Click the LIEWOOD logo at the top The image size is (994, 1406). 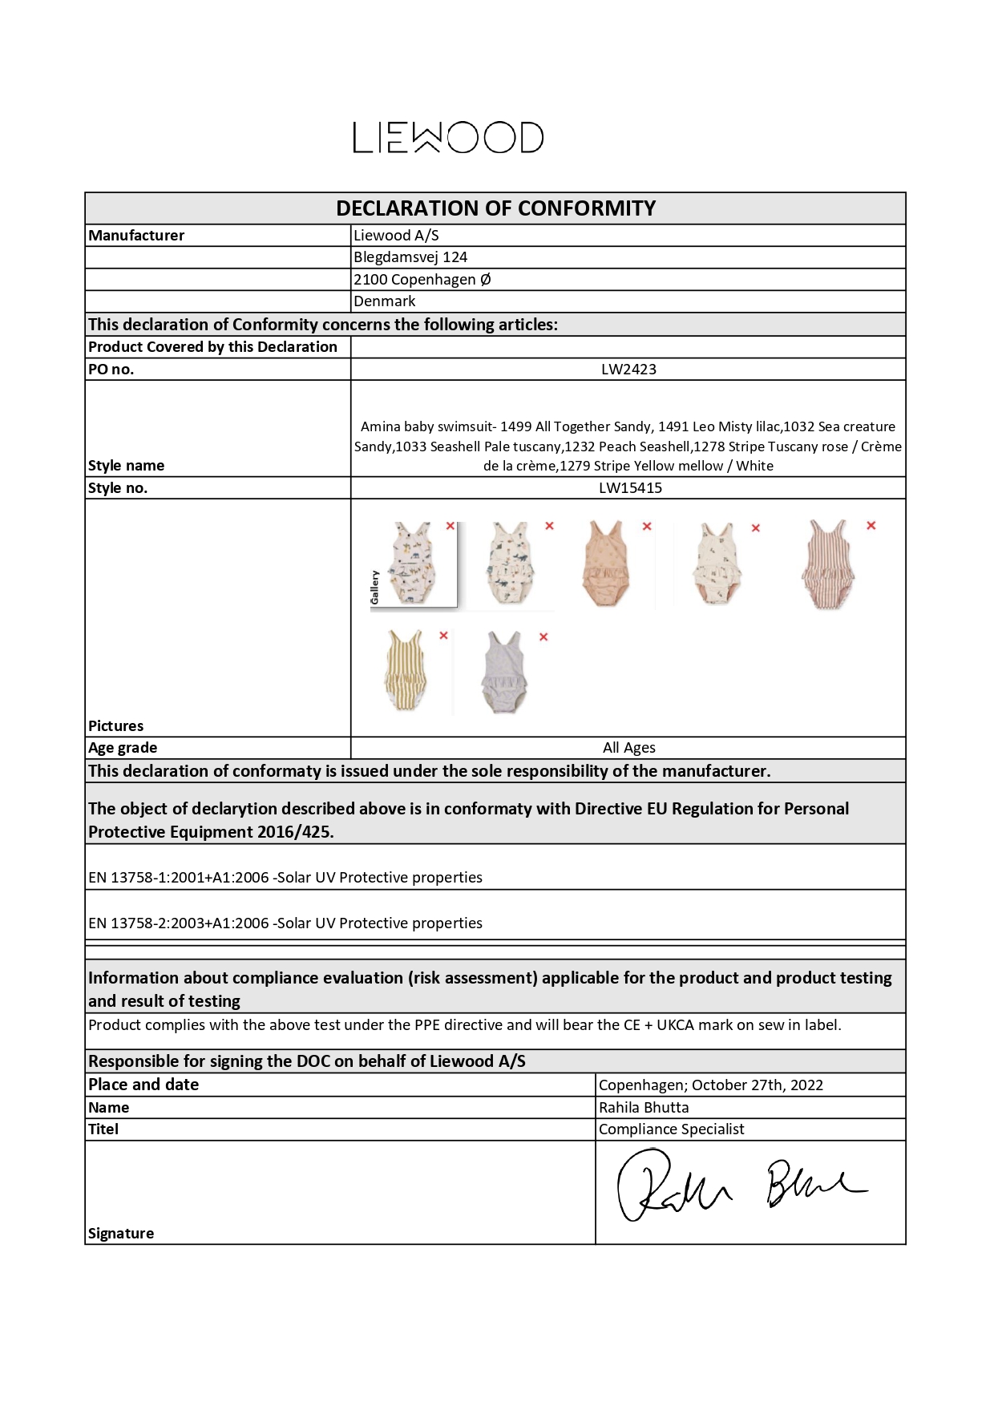point(448,138)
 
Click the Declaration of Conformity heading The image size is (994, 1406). point(495,208)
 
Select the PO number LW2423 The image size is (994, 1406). point(628,370)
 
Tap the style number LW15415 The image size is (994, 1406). point(630,488)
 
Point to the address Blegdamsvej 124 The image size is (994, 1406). point(410,257)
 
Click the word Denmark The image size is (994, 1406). point(385,301)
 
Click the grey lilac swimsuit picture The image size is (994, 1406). point(503,672)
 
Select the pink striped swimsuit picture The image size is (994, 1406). point(827,563)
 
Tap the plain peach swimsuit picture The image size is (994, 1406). point(604,563)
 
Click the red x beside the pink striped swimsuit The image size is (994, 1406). point(871,526)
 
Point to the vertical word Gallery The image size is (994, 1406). point(374,587)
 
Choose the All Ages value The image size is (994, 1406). point(628,748)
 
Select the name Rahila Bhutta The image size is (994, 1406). point(644,1108)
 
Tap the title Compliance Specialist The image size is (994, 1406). point(671,1129)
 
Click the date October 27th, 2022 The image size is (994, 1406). point(758,1085)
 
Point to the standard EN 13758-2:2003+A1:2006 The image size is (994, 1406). point(179,923)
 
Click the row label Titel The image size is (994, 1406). point(103,1129)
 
